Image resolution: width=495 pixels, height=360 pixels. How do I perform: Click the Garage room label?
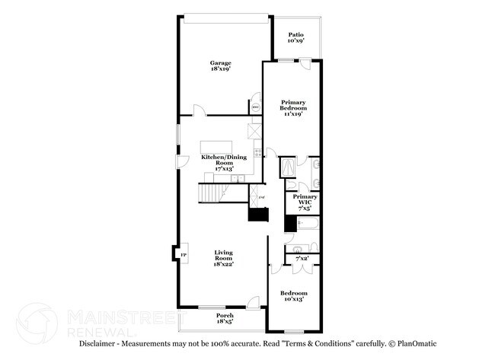(221, 66)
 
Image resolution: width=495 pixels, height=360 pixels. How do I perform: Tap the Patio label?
(296, 37)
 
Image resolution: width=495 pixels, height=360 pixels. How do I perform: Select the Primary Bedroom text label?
(292, 107)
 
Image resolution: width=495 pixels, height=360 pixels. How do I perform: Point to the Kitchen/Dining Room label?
(222, 160)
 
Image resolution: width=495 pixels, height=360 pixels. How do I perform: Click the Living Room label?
(222, 257)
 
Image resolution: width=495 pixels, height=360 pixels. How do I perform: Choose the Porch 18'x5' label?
(224, 318)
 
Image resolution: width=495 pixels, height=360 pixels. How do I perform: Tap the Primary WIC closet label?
(305, 202)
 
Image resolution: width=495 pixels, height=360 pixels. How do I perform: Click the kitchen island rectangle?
(216, 147)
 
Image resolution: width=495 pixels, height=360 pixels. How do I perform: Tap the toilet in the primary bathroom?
(314, 183)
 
